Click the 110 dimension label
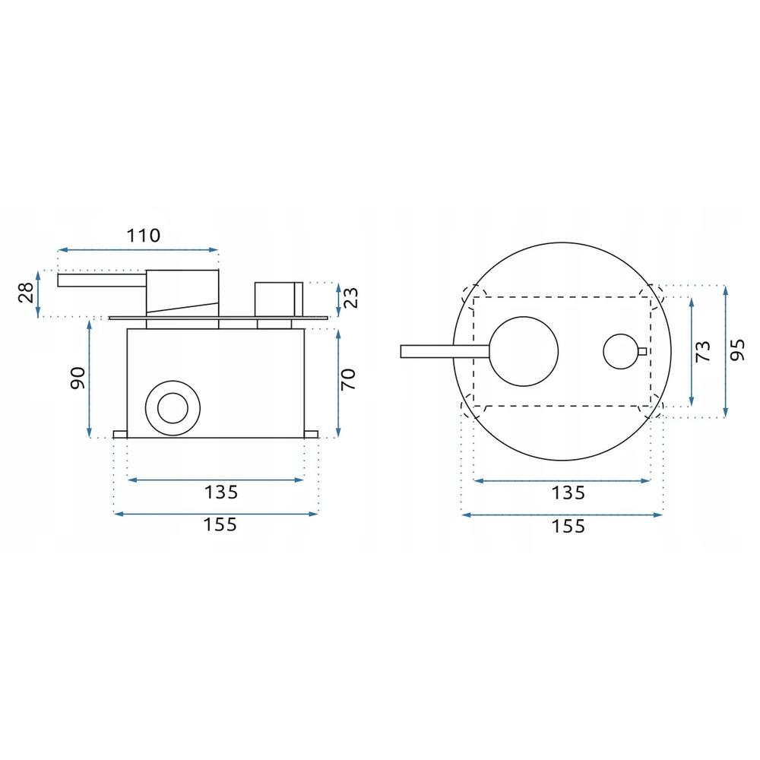[x=144, y=235]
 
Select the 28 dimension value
[x=25, y=293]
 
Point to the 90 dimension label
[x=76, y=378]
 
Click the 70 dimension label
[x=350, y=378]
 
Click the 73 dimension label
[x=704, y=351]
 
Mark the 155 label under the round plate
[x=568, y=525]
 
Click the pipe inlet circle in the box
[x=173, y=408]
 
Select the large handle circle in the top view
[x=524, y=350]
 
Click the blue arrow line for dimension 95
[x=726, y=351]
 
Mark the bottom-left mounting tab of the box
[x=120, y=434]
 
